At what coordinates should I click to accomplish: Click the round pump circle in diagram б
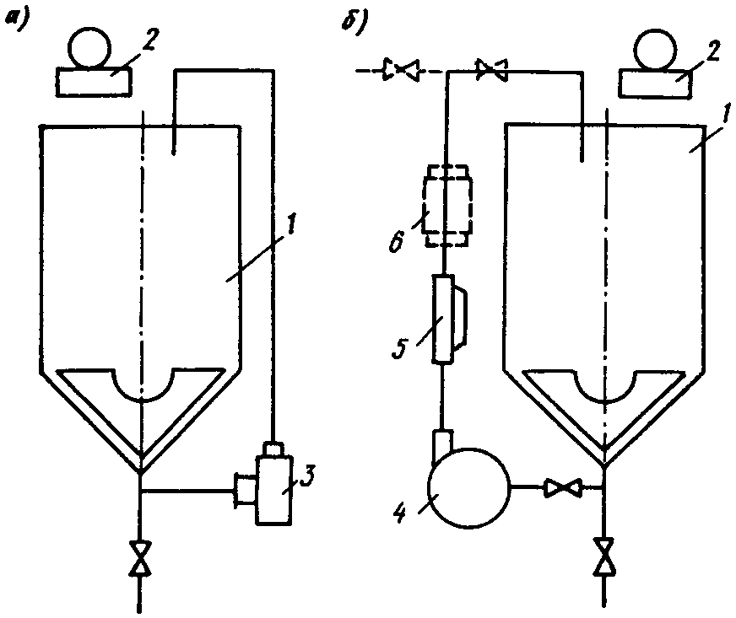[469, 488]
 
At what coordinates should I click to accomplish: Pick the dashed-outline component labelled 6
[445, 206]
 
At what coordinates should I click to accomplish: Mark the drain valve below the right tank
[604, 556]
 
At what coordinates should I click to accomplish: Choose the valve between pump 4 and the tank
[560, 487]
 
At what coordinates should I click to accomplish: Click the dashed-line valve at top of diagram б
[399, 72]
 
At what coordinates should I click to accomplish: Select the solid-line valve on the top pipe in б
[492, 72]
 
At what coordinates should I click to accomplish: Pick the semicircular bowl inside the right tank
[604, 386]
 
